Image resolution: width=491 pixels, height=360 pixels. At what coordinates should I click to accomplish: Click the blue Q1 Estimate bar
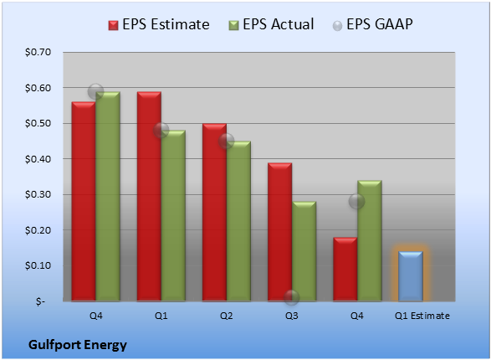410,276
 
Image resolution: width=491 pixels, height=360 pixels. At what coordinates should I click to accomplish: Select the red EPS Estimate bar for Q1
149,197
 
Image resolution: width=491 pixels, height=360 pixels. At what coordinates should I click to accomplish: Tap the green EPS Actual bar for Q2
238,221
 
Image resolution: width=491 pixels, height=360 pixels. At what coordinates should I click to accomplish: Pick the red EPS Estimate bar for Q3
279,232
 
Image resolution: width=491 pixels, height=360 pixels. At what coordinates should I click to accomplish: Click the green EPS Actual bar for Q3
304,251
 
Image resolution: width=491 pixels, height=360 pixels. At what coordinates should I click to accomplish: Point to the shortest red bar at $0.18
345,269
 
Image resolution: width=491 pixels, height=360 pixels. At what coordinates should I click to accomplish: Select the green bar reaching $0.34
370,240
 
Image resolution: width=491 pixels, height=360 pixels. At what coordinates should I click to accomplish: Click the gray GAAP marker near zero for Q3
292,297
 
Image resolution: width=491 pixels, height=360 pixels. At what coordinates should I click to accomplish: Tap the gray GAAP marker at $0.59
95,92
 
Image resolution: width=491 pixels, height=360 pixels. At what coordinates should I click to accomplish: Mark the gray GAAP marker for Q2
227,141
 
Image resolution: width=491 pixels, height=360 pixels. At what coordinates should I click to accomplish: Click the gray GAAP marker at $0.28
356,201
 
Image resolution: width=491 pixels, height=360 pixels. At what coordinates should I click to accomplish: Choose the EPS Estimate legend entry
159,24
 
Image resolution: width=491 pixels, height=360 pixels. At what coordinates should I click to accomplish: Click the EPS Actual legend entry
271,24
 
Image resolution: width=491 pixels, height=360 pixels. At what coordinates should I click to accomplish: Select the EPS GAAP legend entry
372,24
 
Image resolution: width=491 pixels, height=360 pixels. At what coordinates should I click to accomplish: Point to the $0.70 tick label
38,52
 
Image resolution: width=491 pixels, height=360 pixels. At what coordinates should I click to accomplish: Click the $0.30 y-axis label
38,194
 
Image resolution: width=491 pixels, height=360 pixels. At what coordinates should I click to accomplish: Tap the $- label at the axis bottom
40,301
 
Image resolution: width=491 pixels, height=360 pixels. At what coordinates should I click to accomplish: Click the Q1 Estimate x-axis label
422,316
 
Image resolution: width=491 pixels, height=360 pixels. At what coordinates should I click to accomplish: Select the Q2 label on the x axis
227,316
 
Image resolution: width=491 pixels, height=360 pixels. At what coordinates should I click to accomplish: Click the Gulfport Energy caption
78,345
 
